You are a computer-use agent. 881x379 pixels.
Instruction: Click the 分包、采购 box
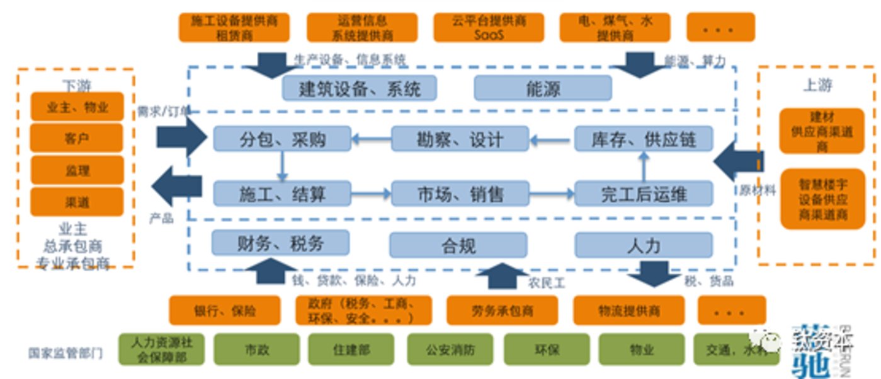click(x=282, y=139)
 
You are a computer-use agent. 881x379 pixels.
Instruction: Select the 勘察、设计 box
click(x=460, y=139)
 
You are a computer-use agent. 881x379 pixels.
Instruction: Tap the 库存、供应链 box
click(x=644, y=139)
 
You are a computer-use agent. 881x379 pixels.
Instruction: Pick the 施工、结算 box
click(x=282, y=194)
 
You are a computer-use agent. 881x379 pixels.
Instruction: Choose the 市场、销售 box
click(x=460, y=194)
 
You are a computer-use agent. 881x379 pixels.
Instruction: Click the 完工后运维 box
click(x=644, y=194)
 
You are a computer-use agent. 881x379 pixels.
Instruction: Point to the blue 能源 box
click(x=542, y=88)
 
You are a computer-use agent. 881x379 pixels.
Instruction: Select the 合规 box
click(x=458, y=245)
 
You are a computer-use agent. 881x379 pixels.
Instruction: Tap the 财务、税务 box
click(x=280, y=243)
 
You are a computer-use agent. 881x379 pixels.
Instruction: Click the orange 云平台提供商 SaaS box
click(x=489, y=28)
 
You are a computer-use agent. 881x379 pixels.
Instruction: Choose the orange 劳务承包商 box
click(x=502, y=311)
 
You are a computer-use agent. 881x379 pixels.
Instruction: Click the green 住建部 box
click(x=351, y=349)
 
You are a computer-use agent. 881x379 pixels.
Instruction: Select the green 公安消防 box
click(x=450, y=349)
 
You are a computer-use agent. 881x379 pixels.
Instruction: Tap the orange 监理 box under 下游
click(x=76, y=170)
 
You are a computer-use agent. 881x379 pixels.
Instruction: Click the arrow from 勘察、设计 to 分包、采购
click(x=371, y=139)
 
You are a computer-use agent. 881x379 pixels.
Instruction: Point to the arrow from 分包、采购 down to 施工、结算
click(x=282, y=166)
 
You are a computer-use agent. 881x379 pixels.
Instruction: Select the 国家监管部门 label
click(x=65, y=353)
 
